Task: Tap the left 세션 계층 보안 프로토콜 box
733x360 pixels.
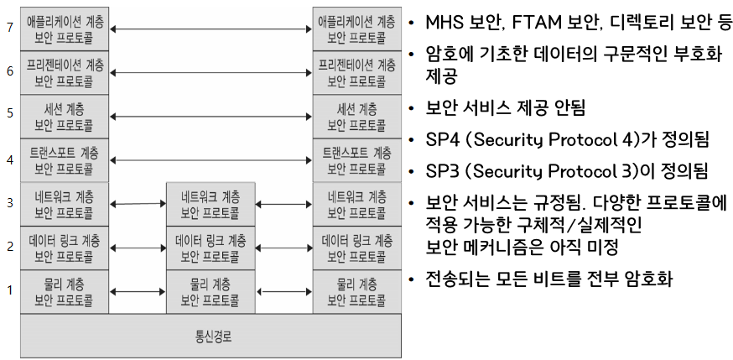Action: (65, 117)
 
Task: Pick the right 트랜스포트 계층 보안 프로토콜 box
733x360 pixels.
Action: (356, 160)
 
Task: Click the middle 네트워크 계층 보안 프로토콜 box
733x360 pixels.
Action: (211, 204)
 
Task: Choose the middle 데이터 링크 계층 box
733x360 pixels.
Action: (211, 248)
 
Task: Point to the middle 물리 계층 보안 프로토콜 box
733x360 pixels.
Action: (211, 291)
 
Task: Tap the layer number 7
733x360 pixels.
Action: (10, 28)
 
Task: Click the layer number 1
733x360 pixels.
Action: (10, 290)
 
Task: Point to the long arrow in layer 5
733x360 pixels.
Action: (211, 117)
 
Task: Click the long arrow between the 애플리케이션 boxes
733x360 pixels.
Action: (211, 29)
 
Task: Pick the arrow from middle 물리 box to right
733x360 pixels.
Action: (284, 292)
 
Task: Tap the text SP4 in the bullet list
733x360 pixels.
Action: (444, 139)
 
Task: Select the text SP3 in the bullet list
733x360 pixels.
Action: (444, 171)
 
